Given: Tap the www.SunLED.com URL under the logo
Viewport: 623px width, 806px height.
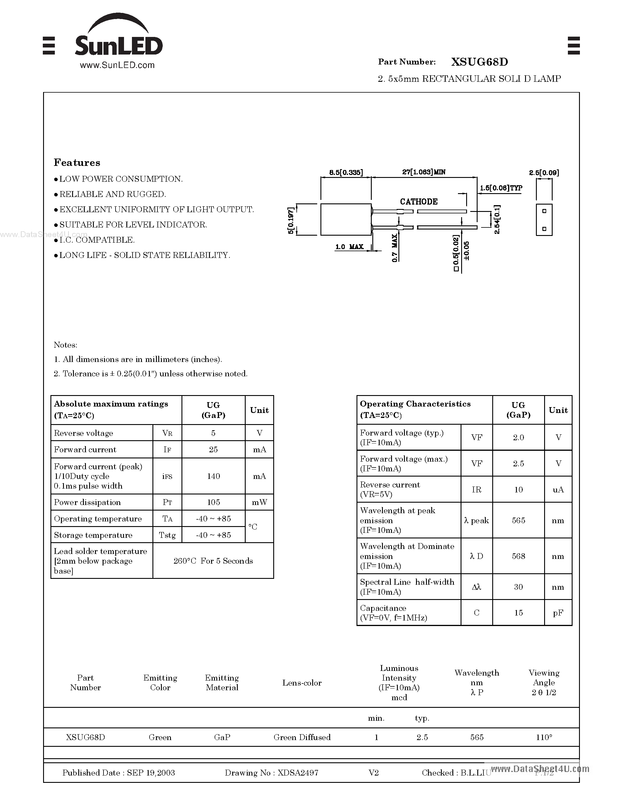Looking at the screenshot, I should coord(117,65).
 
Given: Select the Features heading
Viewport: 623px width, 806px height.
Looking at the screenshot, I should coord(77,163).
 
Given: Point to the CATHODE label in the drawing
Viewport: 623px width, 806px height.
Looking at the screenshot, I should coord(419,202).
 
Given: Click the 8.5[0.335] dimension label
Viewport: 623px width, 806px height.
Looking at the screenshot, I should coord(346,172).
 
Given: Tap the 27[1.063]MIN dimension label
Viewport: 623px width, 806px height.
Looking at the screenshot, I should coord(423,172).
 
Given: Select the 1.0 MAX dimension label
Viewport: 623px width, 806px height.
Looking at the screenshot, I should coord(349,246).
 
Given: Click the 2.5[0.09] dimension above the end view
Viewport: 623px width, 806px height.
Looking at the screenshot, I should coord(544,172).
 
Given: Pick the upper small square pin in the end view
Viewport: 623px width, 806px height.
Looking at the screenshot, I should coord(544,211).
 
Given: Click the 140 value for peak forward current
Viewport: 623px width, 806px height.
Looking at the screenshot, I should coord(213,476).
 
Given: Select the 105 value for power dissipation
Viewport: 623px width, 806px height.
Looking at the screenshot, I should coord(213,502).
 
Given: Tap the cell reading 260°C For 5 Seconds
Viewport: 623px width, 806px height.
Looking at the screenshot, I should coord(213,561).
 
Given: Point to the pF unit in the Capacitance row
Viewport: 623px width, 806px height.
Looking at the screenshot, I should coord(558,613).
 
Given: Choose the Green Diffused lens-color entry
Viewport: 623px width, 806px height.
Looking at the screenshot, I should coord(302,737).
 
